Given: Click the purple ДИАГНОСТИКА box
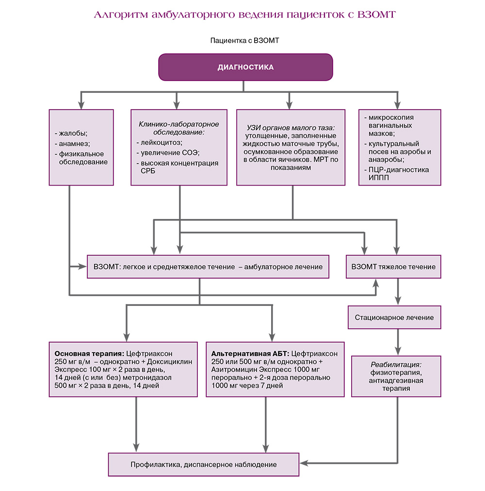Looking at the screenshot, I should (245, 67).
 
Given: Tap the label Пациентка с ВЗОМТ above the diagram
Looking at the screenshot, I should (244, 41).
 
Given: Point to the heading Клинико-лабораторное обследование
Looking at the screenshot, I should (178, 128).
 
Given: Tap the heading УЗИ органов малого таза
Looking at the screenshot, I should (291, 128).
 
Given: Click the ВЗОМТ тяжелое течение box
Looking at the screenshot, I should (393, 267).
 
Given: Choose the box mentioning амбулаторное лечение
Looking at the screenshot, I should (208, 267).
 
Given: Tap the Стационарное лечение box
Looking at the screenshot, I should (394, 318).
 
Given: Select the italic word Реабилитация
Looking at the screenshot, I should (396, 364).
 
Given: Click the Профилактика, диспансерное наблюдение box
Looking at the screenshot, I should (203, 464).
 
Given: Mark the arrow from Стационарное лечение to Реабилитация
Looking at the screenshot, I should (399, 342).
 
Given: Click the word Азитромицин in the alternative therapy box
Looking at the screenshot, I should (230, 370).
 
